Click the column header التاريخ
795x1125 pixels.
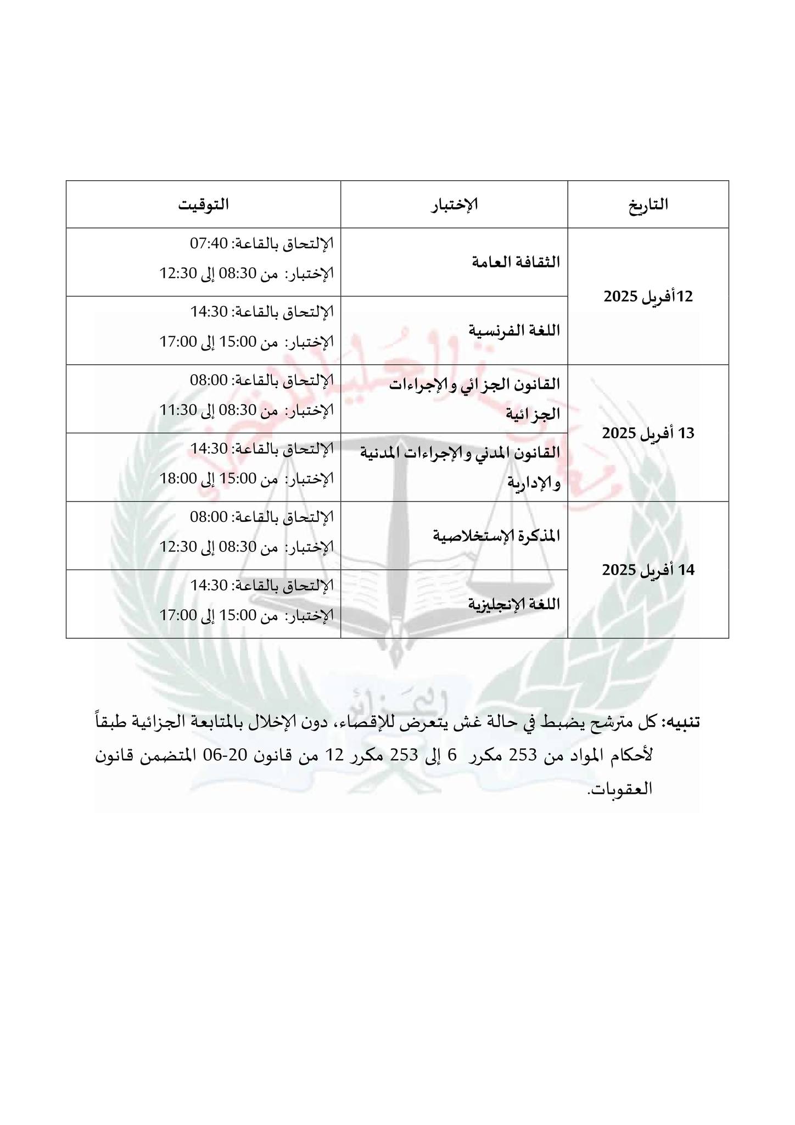[x=648, y=204]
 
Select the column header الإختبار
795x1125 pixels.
[x=455, y=204]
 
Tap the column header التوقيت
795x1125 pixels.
[x=203, y=204]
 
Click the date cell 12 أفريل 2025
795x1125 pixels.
[x=648, y=297]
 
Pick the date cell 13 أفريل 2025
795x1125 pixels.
[x=648, y=433]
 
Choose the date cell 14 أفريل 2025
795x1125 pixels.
[x=648, y=570]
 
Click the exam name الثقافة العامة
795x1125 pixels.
[x=516, y=262]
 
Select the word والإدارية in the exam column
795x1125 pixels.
[x=534, y=482]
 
